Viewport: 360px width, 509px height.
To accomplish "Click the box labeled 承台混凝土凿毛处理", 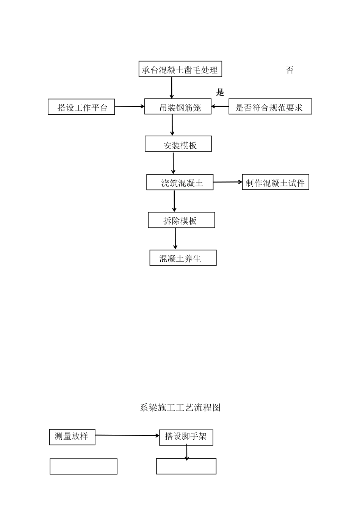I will [180, 69].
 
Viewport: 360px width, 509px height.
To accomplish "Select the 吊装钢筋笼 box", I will [178, 107].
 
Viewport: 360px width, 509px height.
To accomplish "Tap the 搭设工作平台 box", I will [81, 107].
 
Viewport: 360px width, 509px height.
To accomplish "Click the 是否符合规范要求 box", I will [270, 107].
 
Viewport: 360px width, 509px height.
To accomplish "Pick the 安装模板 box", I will [178, 144].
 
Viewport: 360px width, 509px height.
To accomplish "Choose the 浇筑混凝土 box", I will [180, 182].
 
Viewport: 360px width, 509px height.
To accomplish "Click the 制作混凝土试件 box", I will [275, 182].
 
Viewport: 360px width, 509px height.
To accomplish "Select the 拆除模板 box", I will [181, 220].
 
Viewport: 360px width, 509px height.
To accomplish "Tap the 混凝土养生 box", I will [183, 258].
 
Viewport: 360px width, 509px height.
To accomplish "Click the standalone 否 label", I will [290, 70].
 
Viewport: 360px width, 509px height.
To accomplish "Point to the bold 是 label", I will [220, 92].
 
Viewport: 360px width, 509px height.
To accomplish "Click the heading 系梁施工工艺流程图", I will [180, 408].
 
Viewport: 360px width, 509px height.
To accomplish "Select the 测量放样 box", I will [72, 437].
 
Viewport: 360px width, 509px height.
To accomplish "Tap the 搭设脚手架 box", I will [186, 437].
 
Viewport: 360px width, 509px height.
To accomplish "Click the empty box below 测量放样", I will [83, 466].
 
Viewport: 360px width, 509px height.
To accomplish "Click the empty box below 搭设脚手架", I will [186, 467].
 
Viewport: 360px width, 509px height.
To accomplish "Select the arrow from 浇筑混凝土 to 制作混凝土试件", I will [227, 182].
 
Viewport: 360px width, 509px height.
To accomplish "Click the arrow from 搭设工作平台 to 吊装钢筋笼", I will [129, 107].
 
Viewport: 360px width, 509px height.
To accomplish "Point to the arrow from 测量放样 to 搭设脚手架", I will [127, 436].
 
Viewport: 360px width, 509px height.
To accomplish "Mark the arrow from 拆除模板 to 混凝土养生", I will [175, 239].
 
